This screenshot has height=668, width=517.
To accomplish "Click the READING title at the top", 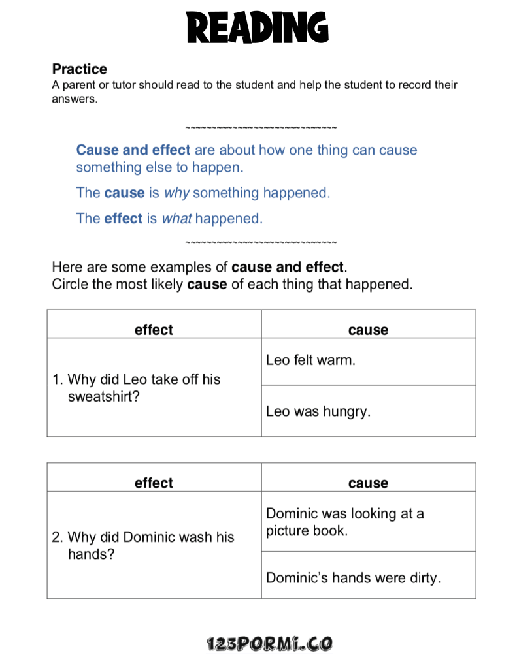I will point(258,27).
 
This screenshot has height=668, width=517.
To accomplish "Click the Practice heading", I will point(79,69).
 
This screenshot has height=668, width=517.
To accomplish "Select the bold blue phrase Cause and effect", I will point(133,150).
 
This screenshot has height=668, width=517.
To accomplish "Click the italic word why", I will point(176,193).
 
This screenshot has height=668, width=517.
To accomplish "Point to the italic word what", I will point(176,219).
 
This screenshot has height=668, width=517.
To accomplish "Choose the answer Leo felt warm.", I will point(310,360).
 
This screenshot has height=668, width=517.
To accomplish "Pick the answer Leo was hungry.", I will point(318,411).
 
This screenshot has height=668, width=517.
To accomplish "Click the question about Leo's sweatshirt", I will point(144,387).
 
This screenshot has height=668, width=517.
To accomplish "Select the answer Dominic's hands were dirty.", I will point(353,578).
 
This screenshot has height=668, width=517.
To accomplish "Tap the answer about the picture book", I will point(344,522).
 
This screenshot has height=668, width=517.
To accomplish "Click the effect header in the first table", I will point(154,330).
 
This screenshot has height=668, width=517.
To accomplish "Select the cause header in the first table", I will point(368,330).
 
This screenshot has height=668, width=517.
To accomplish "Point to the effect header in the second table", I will point(154,483).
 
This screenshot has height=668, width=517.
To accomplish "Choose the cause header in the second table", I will point(368,483).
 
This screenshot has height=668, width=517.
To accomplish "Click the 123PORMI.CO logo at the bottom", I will point(269,644).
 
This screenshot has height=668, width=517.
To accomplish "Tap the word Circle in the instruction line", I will point(70,285).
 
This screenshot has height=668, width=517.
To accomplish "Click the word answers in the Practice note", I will point(74,100).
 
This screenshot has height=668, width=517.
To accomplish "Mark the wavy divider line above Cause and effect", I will point(261,127).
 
